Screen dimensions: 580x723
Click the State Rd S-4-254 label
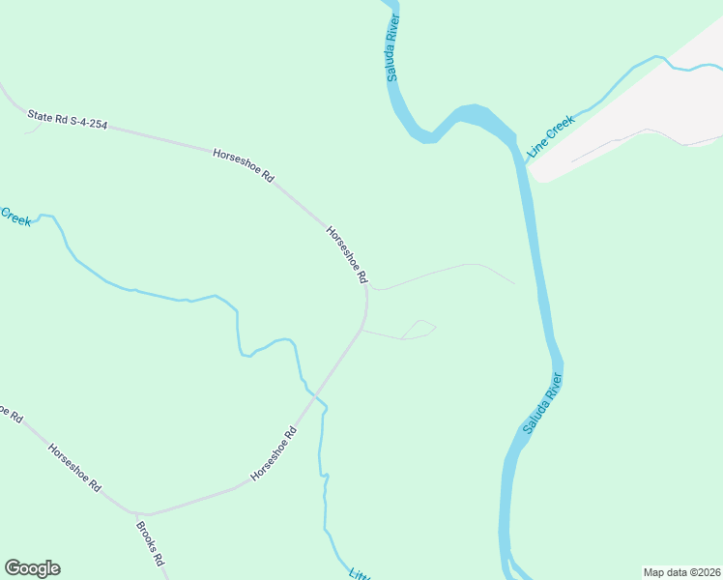(x=67, y=120)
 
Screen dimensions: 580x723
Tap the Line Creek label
(x=551, y=136)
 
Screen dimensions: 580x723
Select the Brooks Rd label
(x=150, y=544)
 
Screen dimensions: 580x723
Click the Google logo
(x=32, y=568)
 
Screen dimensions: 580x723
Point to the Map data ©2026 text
(x=681, y=572)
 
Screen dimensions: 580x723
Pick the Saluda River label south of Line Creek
(x=542, y=403)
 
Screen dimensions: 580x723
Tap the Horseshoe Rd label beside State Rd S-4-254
(x=244, y=165)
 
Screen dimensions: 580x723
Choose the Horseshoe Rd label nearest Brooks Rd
(x=74, y=469)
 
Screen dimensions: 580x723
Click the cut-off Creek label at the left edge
(x=15, y=217)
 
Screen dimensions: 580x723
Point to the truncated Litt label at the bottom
(x=359, y=572)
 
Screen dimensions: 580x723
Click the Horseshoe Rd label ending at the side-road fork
(x=347, y=254)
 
